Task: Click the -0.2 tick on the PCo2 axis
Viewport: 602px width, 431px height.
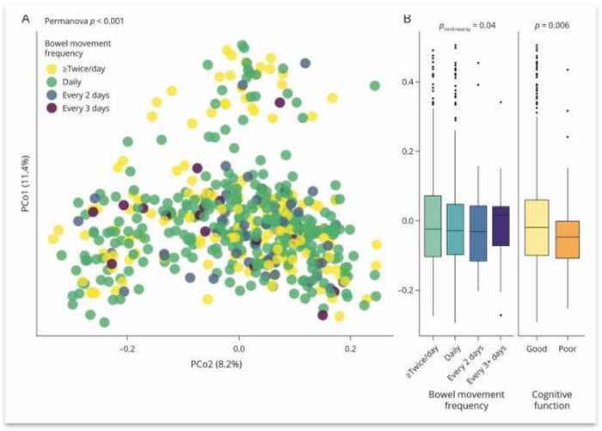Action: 127,351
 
